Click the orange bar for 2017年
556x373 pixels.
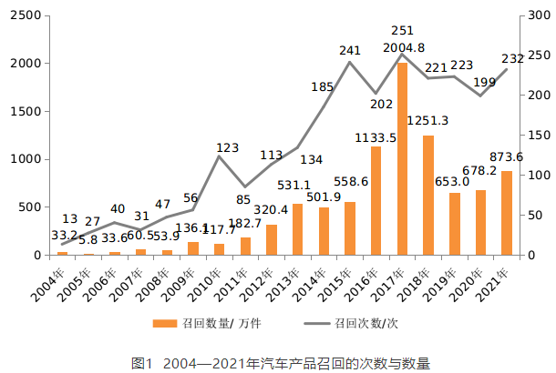click(402, 159)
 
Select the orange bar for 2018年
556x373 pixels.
click(428, 196)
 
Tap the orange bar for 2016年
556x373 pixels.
click(376, 201)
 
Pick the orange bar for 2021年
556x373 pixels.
click(507, 213)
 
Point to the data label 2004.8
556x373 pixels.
click(401, 48)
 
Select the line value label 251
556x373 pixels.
click(401, 31)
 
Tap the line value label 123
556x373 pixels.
click(227, 147)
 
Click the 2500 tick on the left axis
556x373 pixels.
click(29, 16)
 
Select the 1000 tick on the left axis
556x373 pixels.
click(29, 159)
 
